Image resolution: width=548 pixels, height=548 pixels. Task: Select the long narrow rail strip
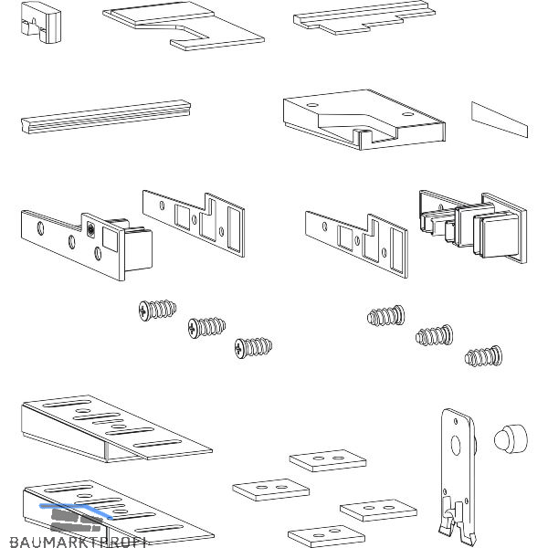tap(105, 114)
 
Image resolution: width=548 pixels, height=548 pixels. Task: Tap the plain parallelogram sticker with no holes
tap(500, 116)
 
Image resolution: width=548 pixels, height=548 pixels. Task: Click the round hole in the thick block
tap(316, 108)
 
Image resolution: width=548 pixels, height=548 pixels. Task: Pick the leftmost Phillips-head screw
tap(156, 311)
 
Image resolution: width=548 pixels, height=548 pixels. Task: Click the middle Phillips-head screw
tap(205, 326)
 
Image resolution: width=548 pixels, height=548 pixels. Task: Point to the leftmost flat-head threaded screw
tap(386, 316)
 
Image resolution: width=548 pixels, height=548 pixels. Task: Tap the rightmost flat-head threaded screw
tap(483, 356)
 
